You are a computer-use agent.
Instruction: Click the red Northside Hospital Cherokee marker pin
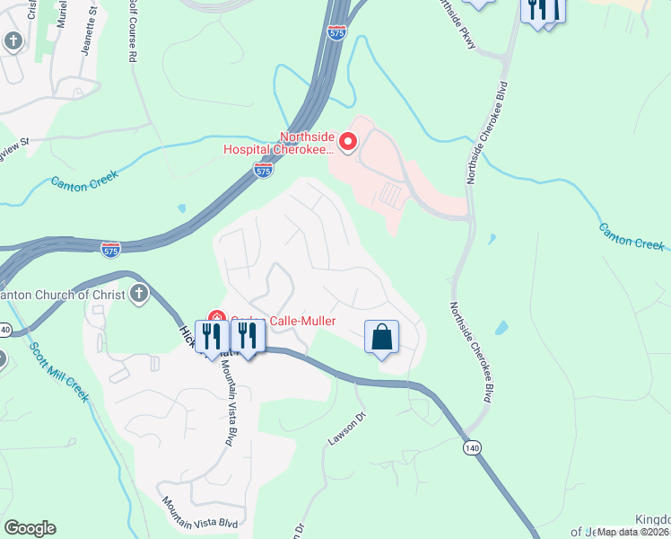pyautogui.click(x=347, y=142)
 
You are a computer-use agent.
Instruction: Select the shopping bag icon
pyautogui.click(x=381, y=338)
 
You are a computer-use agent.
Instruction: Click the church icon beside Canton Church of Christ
pyautogui.click(x=138, y=294)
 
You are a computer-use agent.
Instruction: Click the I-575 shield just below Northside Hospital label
pyautogui.click(x=262, y=171)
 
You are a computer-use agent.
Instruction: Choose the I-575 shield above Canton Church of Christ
pyautogui.click(x=110, y=247)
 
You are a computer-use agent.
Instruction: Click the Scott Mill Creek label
pyautogui.click(x=59, y=372)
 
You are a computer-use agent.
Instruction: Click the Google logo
pyautogui.click(x=30, y=528)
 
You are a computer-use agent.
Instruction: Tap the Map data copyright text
pyautogui.click(x=632, y=532)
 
